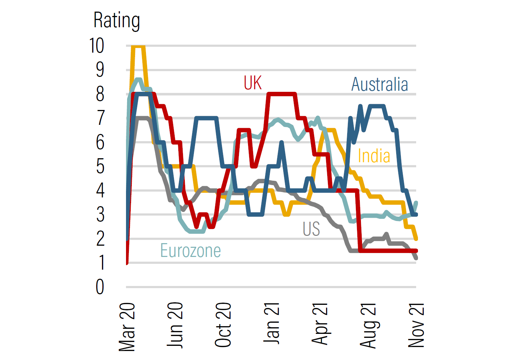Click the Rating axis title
point(117,20)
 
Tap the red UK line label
point(253,83)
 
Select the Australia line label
point(379,85)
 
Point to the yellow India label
point(374,156)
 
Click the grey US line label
point(311,229)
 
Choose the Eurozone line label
point(191,251)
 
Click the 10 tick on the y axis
point(97,46)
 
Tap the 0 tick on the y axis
point(100,287)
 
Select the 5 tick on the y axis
point(100,167)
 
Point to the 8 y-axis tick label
point(100,94)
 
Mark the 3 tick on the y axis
point(100,215)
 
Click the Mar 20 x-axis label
point(127,327)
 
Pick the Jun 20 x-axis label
point(175,325)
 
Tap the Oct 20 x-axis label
point(223,325)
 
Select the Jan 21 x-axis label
point(271,323)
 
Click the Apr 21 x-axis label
point(320,324)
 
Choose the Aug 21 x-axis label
point(368,325)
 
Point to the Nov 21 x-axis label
point(416,325)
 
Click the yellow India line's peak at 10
point(138,46)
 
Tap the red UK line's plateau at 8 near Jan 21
point(281,94)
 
